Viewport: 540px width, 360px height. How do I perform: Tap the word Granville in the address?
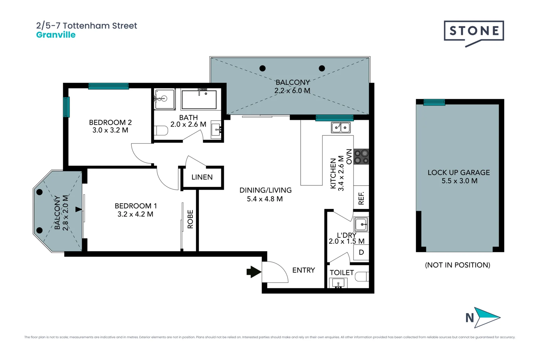click(56, 35)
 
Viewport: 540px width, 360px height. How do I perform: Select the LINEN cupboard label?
click(202, 177)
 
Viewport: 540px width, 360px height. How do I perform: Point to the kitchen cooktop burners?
click(361, 156)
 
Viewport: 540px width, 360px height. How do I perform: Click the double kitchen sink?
click(341, 127)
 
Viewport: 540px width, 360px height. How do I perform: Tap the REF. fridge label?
click(361, 198)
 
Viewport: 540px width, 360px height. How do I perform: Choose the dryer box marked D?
click(361, 252)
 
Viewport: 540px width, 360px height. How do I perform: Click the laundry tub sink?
click(361, 224)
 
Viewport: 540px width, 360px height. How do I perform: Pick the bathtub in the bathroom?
click(199, 100)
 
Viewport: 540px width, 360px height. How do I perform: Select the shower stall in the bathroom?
click(165, 99)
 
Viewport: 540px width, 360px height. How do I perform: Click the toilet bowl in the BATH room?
click(161, 130)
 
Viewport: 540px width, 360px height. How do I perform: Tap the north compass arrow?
click(487, 318)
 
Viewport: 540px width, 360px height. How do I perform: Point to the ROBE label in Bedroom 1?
click(190, 219)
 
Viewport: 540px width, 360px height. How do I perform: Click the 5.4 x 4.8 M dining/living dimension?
click(265, 199)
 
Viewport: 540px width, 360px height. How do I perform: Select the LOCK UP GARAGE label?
click(459, 173)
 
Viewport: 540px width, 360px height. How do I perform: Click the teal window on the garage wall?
click(434, 102)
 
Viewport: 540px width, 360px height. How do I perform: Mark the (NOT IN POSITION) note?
click(458, 265)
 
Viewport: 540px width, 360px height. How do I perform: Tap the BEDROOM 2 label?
click(110, 122)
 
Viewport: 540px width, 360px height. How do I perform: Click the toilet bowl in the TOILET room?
click(362, 277)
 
